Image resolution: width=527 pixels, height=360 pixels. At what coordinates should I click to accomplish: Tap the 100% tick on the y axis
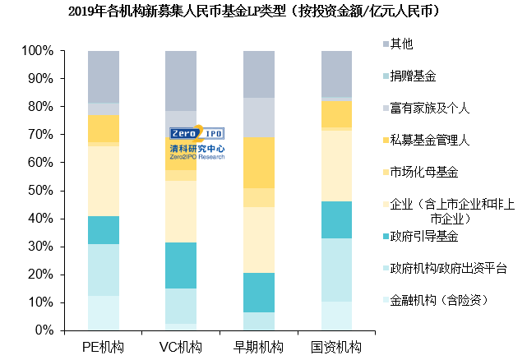[38, 51]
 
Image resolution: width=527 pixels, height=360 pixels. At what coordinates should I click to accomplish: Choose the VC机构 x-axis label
[181, 347]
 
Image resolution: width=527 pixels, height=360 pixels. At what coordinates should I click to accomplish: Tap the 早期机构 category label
[259, 347]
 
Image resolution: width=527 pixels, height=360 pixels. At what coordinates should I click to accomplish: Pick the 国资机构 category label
[336, 347]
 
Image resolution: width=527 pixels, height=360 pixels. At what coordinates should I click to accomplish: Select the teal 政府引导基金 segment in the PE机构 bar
[104, 230]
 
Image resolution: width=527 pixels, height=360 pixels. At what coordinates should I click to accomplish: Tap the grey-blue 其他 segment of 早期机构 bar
[259, 74]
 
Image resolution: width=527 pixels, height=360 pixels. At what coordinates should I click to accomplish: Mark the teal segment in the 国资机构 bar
[336, 219]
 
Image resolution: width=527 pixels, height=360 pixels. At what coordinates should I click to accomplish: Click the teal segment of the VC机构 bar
[181, 265]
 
